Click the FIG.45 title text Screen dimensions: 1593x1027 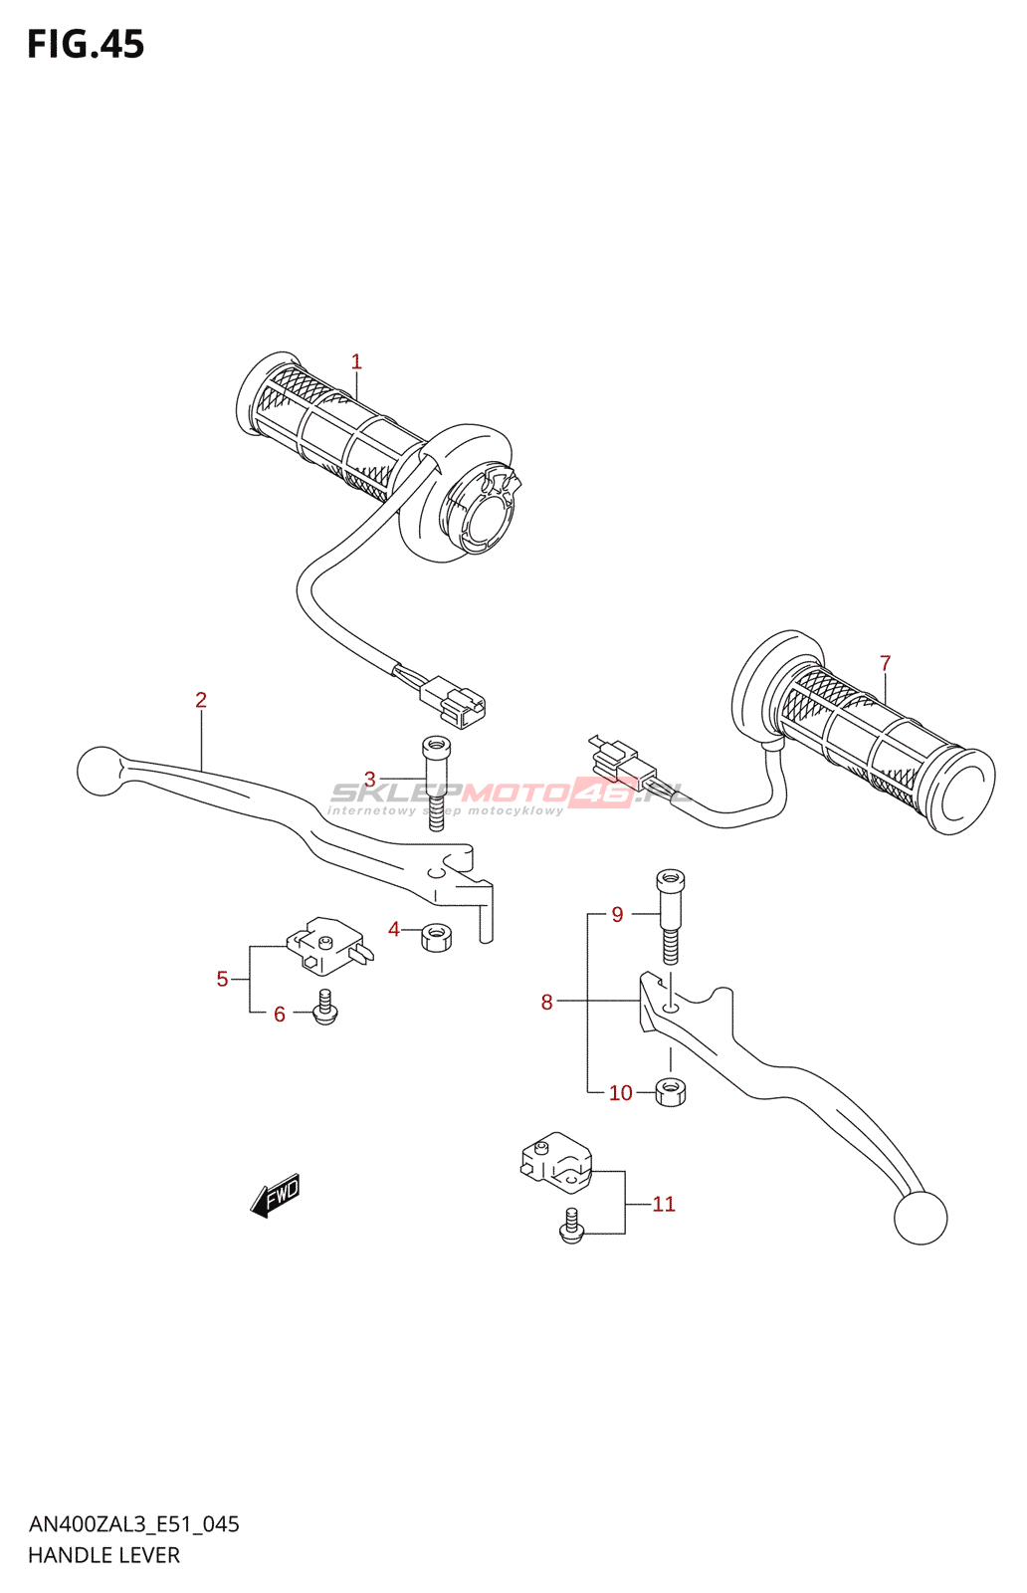point(86,45)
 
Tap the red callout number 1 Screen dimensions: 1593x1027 point(356,362)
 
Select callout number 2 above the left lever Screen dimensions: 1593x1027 point(201,700)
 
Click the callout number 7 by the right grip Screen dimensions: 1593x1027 point(885,663)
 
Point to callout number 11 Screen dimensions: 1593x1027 point(664,1205)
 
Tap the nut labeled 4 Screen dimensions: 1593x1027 point(436,936)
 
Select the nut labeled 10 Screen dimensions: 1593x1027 point(671,1091)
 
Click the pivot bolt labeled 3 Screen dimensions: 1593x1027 point(435,782)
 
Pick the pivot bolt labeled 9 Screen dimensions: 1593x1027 point(670,915)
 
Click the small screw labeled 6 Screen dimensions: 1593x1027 point(324,1009)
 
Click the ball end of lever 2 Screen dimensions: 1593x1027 point(99,771)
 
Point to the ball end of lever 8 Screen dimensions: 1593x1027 point(920,1217)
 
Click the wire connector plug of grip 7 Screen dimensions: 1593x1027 point(623,768)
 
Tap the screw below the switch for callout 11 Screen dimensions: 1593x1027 point(571,1228)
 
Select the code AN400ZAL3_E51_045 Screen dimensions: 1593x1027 point(133,1524)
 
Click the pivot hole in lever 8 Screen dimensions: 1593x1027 point(672,1009)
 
